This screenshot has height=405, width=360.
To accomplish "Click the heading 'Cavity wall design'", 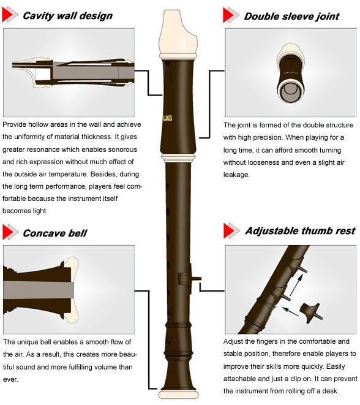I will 67,15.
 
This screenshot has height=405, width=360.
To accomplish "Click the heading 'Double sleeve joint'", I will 291,16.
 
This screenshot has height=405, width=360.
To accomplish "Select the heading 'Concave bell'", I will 55,233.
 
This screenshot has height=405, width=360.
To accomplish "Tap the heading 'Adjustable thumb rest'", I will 300,231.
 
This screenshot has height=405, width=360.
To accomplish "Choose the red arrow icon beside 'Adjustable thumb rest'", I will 231,231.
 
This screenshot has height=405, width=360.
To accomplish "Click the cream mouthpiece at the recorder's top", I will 180,34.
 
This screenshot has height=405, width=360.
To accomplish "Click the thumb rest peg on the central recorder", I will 194,278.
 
